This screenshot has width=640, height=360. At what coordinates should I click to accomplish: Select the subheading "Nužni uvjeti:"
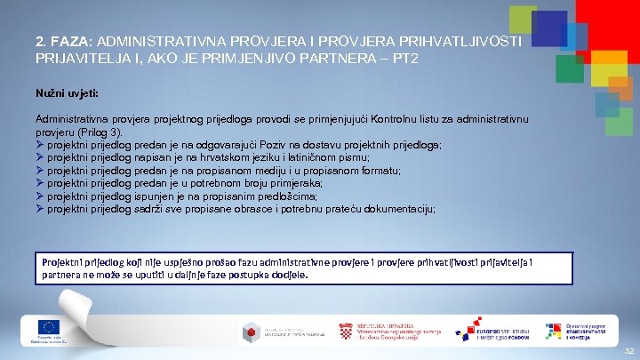[x=68, y=92]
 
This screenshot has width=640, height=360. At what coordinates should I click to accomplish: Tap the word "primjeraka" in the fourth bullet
[x=304, y=183]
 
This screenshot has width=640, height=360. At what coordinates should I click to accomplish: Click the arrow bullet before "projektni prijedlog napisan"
[x=40, y=157]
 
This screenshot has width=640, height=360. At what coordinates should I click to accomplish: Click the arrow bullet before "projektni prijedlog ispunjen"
[x=40, y=196]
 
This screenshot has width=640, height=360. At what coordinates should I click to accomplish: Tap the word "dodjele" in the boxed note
[x=287, y=276]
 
